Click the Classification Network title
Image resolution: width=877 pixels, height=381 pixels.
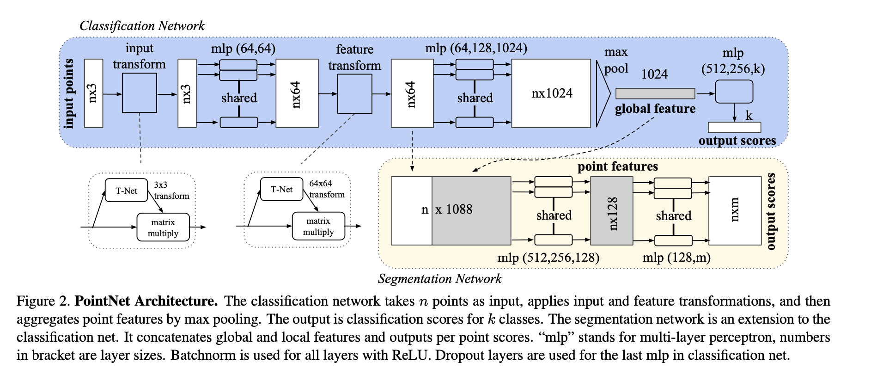pyautogui.click(x=142, y=26)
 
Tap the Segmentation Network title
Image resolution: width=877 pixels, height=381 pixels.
pyautogui.click(x=439, y=279)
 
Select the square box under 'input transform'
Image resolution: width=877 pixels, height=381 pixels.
pyautogui.click(x=140, y=93)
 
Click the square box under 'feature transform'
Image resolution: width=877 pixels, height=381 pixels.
pyautogui.click(x=354, y=94)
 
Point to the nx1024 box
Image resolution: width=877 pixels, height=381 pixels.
pyautogui.click(x=551, y=93)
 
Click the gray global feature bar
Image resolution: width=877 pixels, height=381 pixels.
pyautogui.click(x=655, y=93)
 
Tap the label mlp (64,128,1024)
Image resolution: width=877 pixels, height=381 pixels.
pyautogui.click(x=476, y=48)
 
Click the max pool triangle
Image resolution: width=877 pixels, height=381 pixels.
pyautogui.click(x=602, y=94)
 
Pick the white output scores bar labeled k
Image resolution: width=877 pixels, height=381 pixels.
pyautogui.click(x=734, y=127)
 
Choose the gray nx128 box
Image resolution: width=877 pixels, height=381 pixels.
pyautogui.click(x=611, y=211)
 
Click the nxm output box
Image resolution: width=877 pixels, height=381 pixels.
pyautogui.click(x=735, y=211)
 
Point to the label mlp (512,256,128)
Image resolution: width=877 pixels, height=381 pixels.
pyautogui.click(x=548, y=258)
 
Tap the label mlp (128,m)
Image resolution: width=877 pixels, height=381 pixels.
pyautogui.click(x=676, y=258)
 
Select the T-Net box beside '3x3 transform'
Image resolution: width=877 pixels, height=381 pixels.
pyautogui.click(x=126, y=190)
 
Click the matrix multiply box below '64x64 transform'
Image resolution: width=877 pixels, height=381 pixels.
pyautogui.click(x=318, y=227)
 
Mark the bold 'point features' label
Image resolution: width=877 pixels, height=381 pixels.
pyautogui.click(x=617, y=166)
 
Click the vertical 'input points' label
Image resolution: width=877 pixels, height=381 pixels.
pyautogui.click(x=69, y=93)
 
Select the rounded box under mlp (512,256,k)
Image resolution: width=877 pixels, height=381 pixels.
pyautogui.click(x=734, y=92)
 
